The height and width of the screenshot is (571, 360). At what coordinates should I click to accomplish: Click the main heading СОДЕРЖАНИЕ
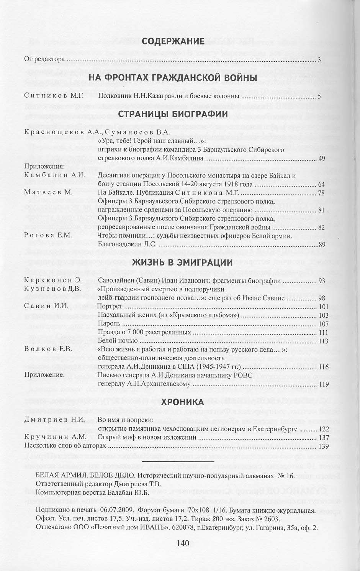pos(174,41)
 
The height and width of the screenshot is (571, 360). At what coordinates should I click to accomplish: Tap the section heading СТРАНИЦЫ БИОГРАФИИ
pos(173,114)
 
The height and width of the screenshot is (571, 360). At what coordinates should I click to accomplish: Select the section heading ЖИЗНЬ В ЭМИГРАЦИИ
pos(182,263)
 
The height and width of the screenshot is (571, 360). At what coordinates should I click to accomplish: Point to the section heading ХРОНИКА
pos(182,402)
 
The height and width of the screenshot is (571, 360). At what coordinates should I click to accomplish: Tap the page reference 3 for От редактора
pos(319,60)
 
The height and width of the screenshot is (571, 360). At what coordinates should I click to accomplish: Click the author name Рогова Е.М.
pos(48,236)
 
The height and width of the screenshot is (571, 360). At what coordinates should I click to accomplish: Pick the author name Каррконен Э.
pos(53,281)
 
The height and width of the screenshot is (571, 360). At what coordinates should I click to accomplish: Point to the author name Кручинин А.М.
pos(55,437)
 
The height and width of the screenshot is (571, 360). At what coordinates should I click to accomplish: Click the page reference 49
pos(321,158)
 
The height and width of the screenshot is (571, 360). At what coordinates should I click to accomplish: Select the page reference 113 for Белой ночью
pos(324,341)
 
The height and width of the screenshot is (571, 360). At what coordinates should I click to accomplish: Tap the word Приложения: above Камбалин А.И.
pos(44,166)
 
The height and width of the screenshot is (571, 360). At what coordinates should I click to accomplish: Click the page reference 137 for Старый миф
pos(324,437)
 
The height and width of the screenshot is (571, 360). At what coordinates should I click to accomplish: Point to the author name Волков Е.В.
pos(48,349)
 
